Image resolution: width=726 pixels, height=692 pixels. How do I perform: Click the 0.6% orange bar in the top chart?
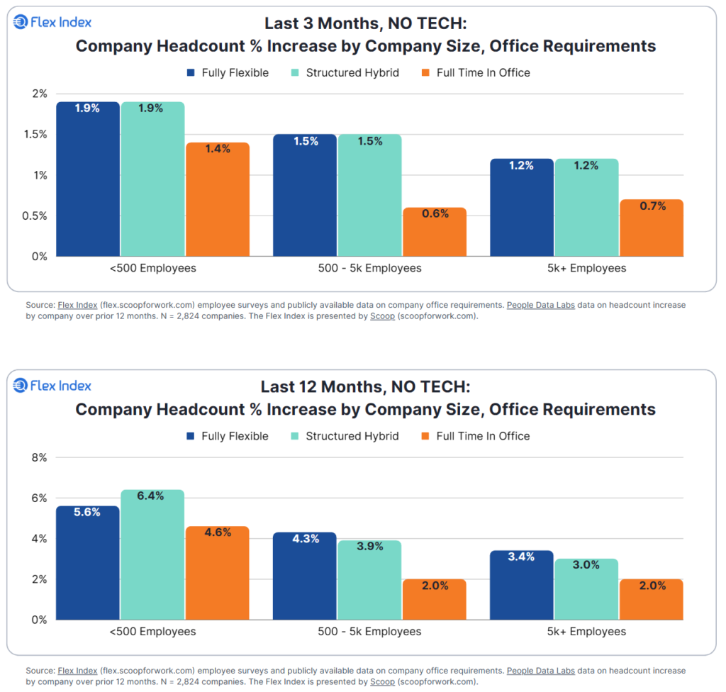[x=434, y=232]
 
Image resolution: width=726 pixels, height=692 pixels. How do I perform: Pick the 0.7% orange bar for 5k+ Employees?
[x=651, y=228]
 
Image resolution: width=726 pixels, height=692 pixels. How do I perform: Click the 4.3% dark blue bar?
[x=305, y=576]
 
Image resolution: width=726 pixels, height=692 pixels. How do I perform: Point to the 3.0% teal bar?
[x=586, y=589]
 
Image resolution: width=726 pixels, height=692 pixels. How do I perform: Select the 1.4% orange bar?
[x=218, y=199]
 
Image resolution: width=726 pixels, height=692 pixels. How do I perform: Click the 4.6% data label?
[x=218, y=532]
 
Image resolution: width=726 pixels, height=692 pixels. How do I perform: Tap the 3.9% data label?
[x=369, y=547]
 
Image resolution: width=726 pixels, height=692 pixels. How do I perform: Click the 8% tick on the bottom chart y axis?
[x=38, y=458]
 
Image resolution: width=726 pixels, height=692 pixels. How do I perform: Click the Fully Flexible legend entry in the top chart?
[x=228, y=73]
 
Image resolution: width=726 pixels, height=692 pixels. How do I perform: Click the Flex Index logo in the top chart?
[x=53, y=23]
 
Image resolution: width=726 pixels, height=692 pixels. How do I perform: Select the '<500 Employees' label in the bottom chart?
[x=152, y=632]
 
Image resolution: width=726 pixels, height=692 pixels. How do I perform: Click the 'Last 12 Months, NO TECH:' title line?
[x=365, y=387]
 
